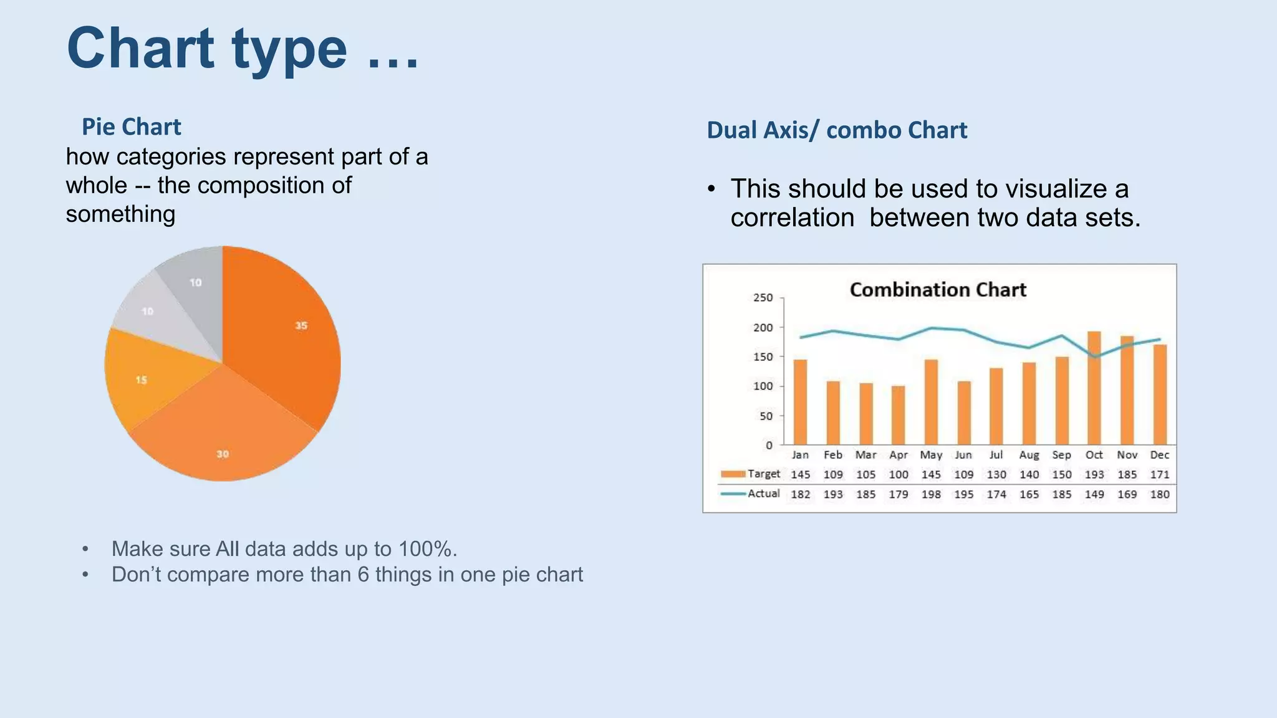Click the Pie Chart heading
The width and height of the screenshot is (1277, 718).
click(132, 127)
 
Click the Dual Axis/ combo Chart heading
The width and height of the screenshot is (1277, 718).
click(837, 130)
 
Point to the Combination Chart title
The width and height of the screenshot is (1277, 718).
click(938, 290)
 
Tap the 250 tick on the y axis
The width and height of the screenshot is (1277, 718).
click(763, 298)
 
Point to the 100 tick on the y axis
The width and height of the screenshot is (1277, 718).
click(763, 386)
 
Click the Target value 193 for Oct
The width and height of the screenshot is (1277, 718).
click(1094, 475)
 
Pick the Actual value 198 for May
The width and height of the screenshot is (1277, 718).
click(931, 494)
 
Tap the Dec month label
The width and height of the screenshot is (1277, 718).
click(1159, 455)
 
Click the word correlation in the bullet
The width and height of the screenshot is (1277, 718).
click(793, 218)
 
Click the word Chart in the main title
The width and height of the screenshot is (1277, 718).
click(141, 49)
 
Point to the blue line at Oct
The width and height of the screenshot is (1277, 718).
click(1094, 357)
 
